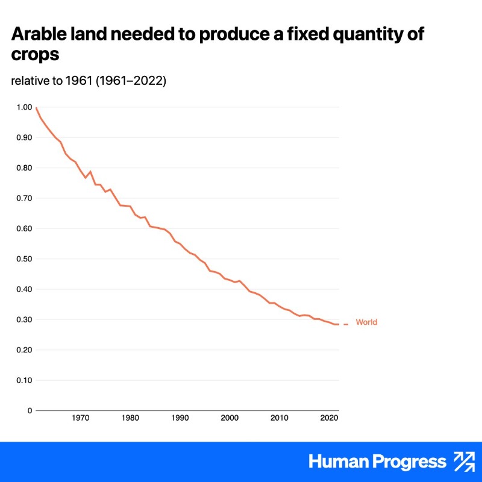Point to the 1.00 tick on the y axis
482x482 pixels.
25,107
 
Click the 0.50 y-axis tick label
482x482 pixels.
25,259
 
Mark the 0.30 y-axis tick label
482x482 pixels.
25,319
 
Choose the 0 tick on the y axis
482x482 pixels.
29,410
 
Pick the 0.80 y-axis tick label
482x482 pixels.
25,168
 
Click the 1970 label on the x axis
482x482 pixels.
80,418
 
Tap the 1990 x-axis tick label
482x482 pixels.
180,418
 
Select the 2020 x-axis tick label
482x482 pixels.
328,418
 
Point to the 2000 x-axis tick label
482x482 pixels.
229,418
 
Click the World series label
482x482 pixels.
366,322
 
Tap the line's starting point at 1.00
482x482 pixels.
36,108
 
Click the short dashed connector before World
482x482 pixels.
345,324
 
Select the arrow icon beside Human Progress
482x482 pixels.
464,462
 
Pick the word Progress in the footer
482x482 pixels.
408,462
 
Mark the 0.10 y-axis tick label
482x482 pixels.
25,380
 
